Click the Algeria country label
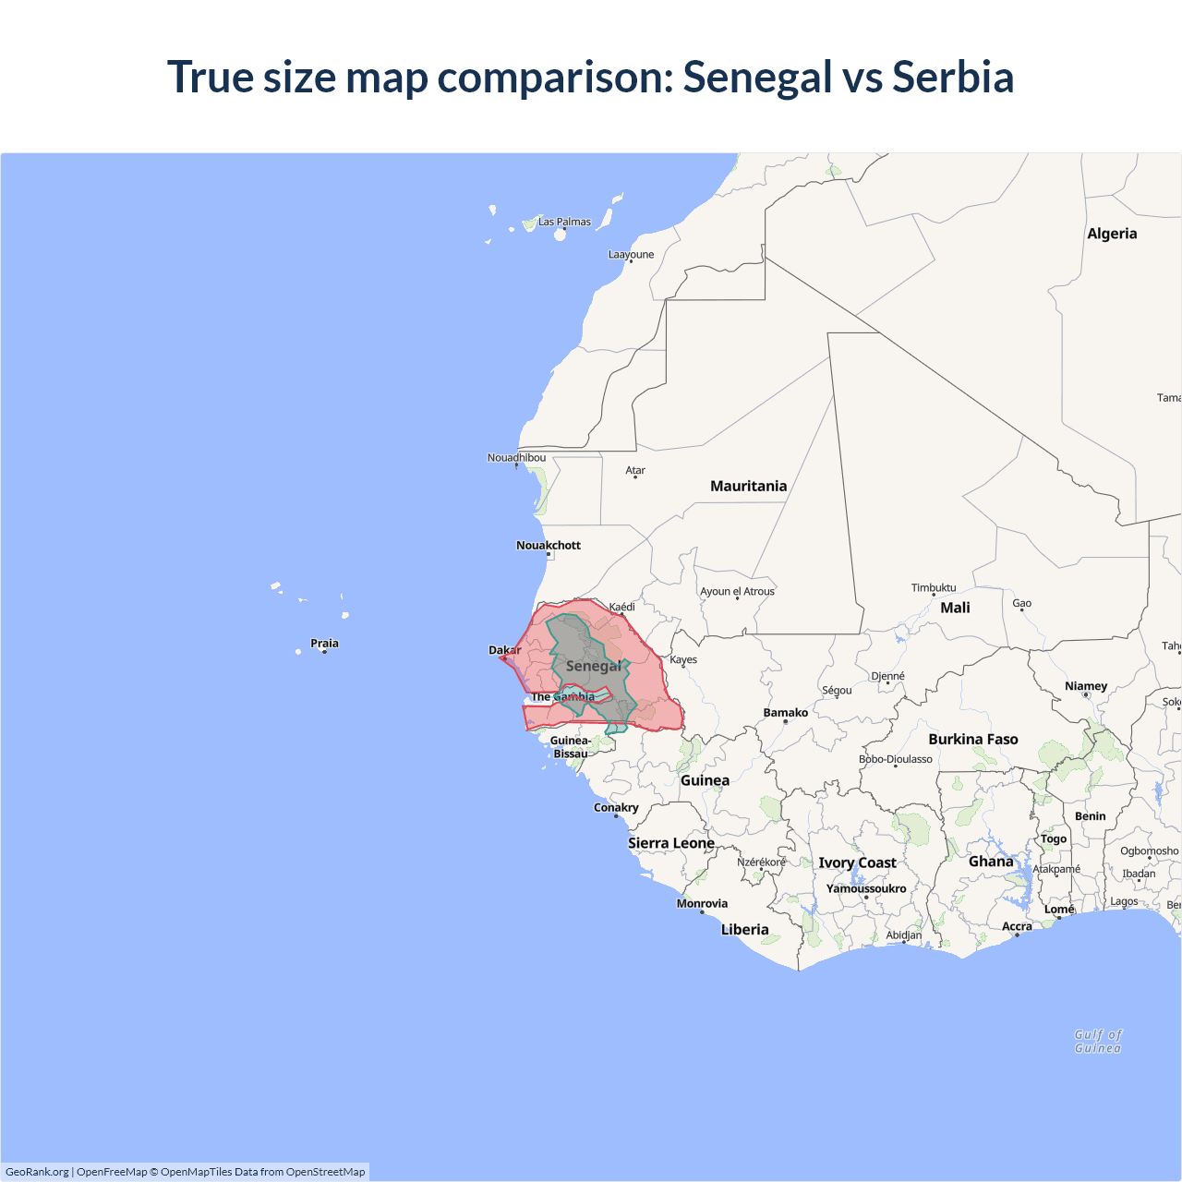click(x=1112, y=234)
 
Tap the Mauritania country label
click(x=748, y=486)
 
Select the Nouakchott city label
click(x=549, y=545)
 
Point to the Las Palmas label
click(x=564, y=222)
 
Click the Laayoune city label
click(x=631, y=254)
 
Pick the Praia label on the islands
click(x=324, y=643)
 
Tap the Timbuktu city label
click(x=934, y=587)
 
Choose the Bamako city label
click(x=786, y=712)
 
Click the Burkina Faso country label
click(x=973, y=739)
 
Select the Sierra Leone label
click(x=671, y=843)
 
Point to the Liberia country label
click(x=744, y=929)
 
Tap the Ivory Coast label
click(x=857, y=862)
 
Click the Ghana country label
click(x=991, y=862)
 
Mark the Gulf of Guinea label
click(x=1098, y=1041)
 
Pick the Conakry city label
click(x=616, y=807)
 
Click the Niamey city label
click(x=1086, y=686)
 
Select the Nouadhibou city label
click(x=516, y=457)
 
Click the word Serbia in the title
click(x=953, y=77)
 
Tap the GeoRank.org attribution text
click(x=37, y=1172)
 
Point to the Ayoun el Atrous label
click(x=737, y=591)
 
